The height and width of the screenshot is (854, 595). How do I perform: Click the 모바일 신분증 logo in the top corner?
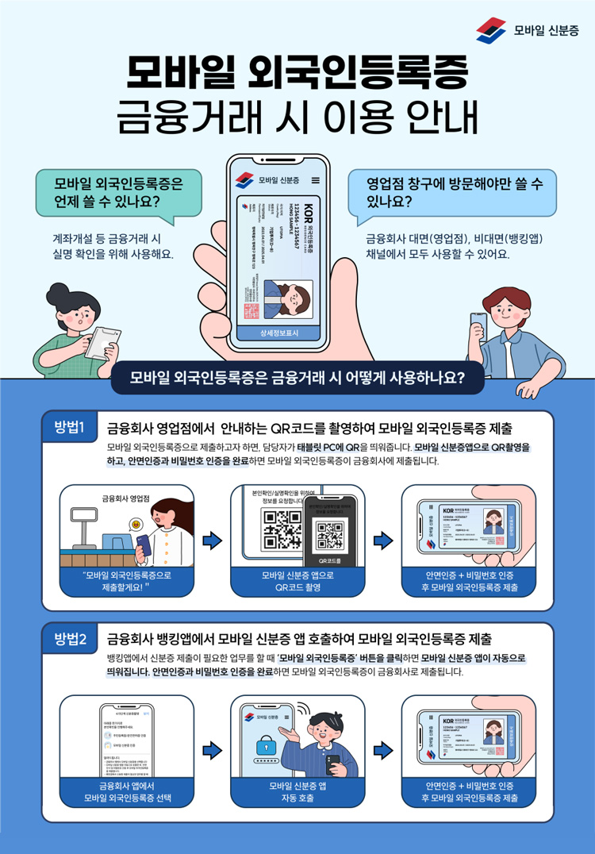(x=527, y=30)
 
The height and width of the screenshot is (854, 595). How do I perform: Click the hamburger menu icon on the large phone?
(x=316, y=179)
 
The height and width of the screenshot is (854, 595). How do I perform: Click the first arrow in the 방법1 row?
(x=212, y=540)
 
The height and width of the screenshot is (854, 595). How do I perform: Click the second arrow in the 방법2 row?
(x=383, y=749)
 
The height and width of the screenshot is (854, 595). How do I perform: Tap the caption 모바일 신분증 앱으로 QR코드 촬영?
(x=297, y=582)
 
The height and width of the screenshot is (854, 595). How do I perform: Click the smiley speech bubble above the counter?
(x=136, y=525)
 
